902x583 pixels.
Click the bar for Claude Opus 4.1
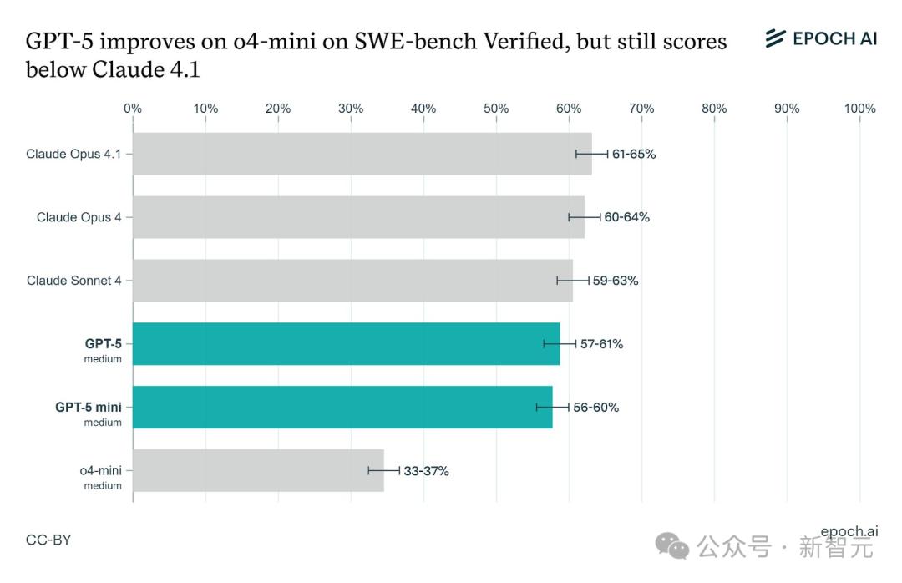click(x=362, y=154)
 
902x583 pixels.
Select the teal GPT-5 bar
click(x=346, y=343)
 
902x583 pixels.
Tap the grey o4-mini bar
click(x=258, y=470)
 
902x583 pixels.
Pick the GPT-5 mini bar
click(x=342, y=407)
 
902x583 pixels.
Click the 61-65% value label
click(x=634, y=154)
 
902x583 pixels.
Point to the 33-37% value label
click(x=427, y=471)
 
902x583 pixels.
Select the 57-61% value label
click(x=601, y=344)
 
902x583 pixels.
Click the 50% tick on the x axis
click(x=496, y=109)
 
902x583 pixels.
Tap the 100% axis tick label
click(x=859, y=109)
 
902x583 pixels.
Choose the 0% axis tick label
click(x=132, y=109)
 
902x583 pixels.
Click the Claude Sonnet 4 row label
click(x=73, y=281)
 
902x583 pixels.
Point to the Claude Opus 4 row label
click(x=79, y=217)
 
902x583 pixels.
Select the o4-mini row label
click(x=100, y=471)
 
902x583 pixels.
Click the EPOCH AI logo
click(x=821, y=38)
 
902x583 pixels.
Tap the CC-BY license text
click(x=48, y=540)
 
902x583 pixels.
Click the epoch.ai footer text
click(x=849, y=531)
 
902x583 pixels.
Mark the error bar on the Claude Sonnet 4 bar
click(x=573, y=281)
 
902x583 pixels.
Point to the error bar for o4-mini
click(x=383, y=470)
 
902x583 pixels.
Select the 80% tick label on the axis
click(x=714, y=109)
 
